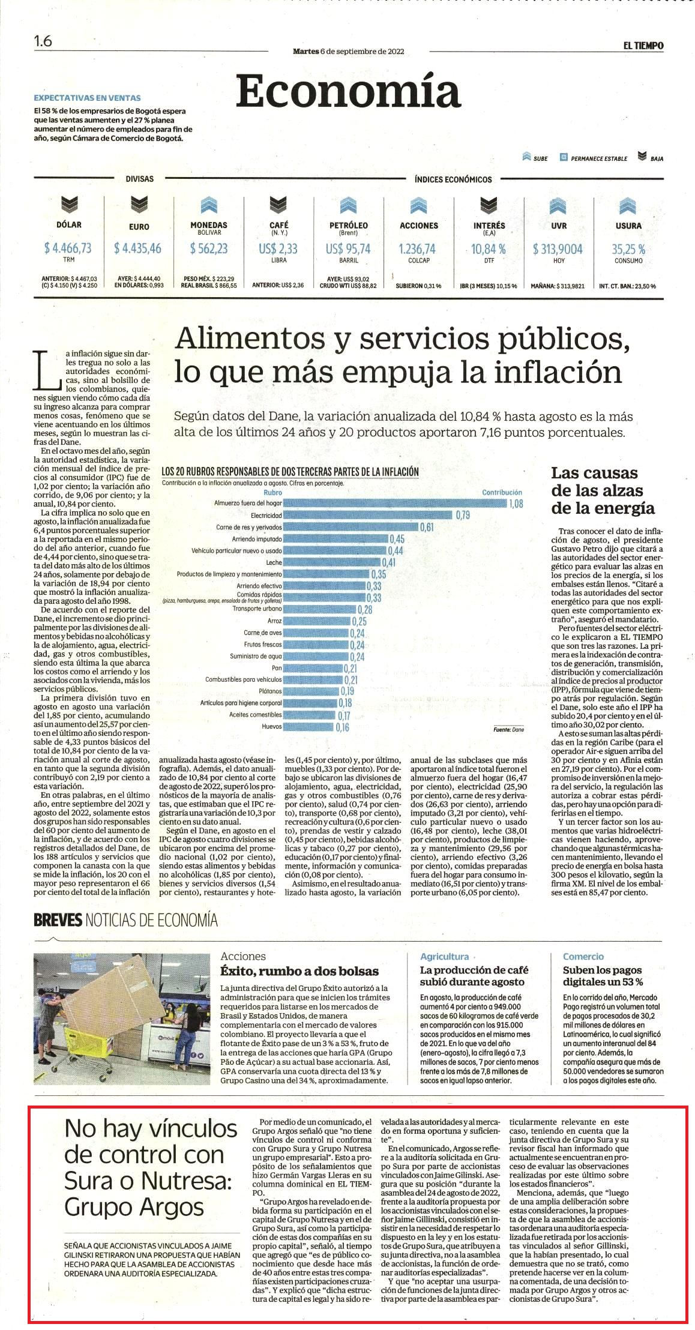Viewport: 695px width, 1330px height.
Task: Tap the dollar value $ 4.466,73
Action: pyautogui.click(x=68, y=248)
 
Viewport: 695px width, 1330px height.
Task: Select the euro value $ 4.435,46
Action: pyautogui.click(x=138, y=248)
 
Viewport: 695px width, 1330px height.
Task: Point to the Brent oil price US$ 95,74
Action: pyautogui.click(x=348, y=248)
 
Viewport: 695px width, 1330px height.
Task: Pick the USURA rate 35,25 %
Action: pyautogui.click(x=628, y=248)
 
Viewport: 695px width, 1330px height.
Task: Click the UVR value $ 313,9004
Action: pyautogui.click(x=558, y=248)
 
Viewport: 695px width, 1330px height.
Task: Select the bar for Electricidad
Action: pyautogui.click(x=368, y=515)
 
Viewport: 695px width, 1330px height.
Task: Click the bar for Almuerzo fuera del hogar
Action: pyautogui.click(x=395, y=503)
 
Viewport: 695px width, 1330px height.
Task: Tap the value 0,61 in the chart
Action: pyautogui.click(x=426, y=527)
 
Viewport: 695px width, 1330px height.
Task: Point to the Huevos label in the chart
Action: pyautogui.click(x=272, y=727)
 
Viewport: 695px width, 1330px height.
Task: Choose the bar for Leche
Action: pyautogui.click(x=332, y=562)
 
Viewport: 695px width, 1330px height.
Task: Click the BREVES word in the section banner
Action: pyautogui.click(x=58, y=919)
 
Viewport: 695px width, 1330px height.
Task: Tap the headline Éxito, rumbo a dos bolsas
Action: pyautogui.click(x=299, y=971)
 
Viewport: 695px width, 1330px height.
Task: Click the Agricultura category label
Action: pyautogui.click(x=444, y=957)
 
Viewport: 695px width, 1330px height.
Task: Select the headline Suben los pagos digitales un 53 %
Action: pyautogui.click(x=603, y=976)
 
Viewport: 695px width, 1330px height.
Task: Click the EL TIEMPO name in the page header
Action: pyautogui.click(x=643, y=45)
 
